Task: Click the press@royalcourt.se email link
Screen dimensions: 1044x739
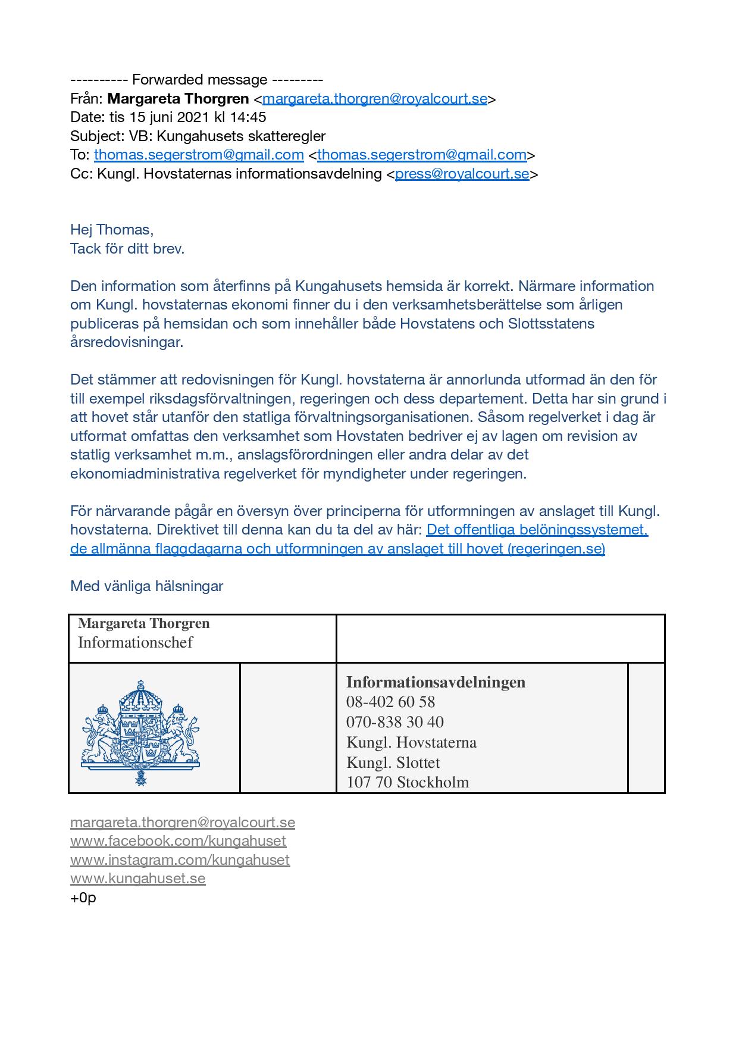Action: [462, 174]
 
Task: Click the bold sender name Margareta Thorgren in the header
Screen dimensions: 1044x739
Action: [178, 98]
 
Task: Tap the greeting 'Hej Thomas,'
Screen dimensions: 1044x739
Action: [112, 230]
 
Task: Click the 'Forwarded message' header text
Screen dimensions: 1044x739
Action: [199, 80]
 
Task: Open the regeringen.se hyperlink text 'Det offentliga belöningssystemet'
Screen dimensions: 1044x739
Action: [537, 530]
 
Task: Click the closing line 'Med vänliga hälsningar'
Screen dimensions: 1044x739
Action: [146, 586]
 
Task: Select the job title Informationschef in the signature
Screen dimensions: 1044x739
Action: [136, 642]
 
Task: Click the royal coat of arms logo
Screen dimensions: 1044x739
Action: [140, 733]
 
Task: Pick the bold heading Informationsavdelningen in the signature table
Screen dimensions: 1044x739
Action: [436, 682]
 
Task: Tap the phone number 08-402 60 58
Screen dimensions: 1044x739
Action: [390, 702]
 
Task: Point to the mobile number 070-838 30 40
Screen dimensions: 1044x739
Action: [395, 722]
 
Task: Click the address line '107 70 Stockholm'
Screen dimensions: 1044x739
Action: [408, 782]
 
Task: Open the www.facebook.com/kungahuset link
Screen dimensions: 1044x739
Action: [178, 841]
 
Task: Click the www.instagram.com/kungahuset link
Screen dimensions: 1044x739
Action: [180, 860]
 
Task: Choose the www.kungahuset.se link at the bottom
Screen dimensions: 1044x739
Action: [137, 879]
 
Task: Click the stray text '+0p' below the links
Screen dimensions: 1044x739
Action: [83, 898]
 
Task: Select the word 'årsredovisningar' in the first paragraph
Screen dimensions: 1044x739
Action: [127, 342]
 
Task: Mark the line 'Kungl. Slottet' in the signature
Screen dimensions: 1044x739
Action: [393, 762]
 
